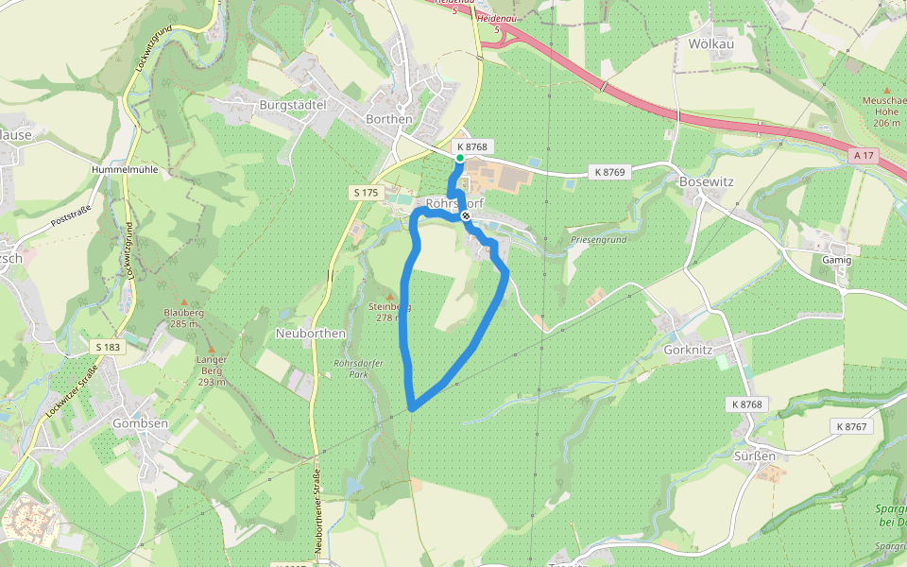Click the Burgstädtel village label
[292, 105]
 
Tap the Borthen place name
[388, 119]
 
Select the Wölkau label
[710, 43]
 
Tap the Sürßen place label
[755, 455]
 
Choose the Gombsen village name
[140, 422]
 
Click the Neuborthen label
[310, 334]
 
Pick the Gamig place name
[837, 260]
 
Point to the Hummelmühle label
[125, 169]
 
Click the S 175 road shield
[365, 193]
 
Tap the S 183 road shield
[109, 347]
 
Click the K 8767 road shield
[857, 426]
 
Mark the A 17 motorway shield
[862, 154]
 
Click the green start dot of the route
[459, 159]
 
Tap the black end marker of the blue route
[466, 216]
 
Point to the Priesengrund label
[599, 240]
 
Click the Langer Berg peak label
[212, 370]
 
